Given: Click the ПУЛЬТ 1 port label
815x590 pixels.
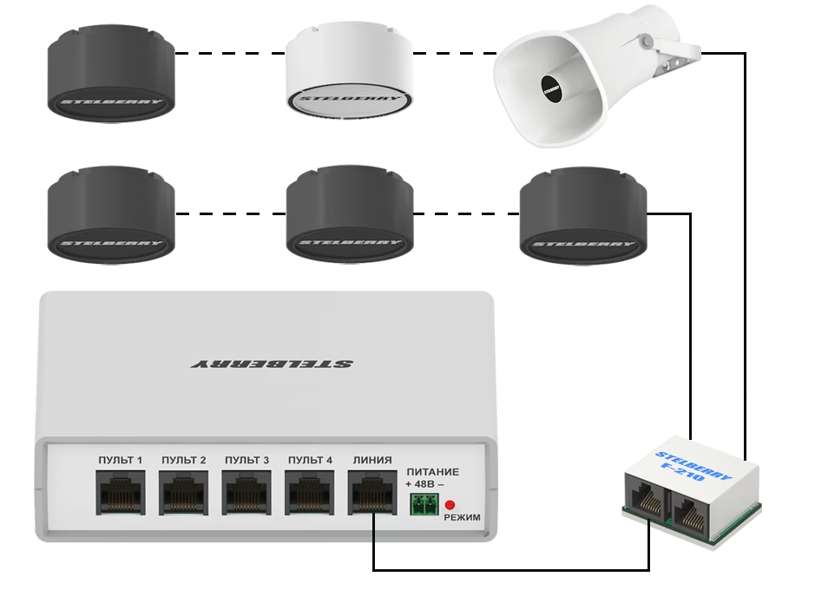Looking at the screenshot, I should tap(120, 460).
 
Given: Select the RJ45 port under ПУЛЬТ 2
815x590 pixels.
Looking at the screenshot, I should tap(183, 494).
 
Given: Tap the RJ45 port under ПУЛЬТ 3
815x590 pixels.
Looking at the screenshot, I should tap(246, 494).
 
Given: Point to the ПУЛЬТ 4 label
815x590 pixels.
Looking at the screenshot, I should tap(310, 460).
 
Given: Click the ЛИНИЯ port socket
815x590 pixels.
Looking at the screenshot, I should tap(373, 494).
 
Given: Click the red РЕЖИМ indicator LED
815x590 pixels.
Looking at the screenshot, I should tap(450, 505).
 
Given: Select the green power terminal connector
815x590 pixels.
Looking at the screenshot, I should tap(423, 504).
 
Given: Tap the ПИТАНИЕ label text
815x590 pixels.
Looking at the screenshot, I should tap(432, 472).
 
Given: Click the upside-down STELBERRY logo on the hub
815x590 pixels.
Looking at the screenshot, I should tap(271, 364).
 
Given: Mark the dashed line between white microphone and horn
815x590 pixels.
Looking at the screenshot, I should tap(454, 53).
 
